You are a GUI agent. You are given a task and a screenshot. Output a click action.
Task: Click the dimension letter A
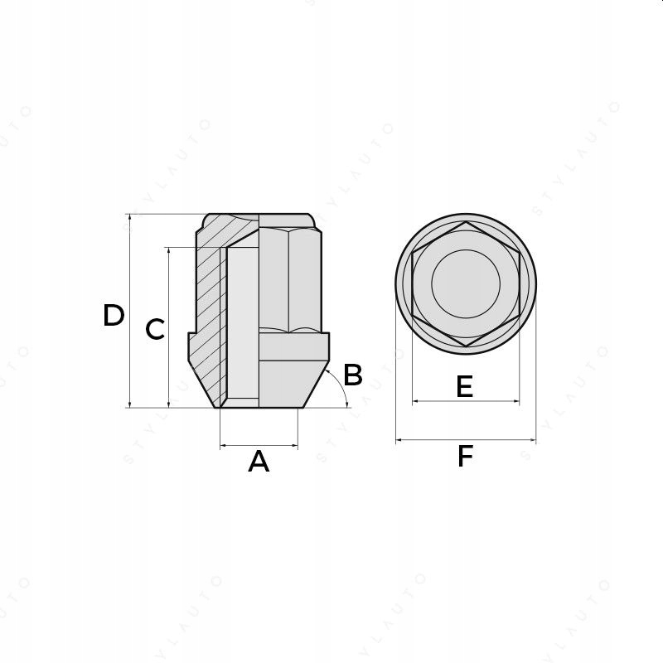259,462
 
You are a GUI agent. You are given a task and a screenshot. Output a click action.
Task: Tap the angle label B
353,375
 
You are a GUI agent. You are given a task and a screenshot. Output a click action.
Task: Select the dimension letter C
155,329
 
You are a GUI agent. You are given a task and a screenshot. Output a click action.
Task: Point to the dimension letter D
114,315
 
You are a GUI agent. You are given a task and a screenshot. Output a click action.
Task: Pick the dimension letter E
465,386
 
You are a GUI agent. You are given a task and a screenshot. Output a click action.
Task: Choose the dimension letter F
465,457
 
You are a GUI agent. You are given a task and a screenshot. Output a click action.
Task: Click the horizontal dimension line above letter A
259,445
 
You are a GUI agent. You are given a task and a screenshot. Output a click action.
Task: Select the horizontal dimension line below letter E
466,401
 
